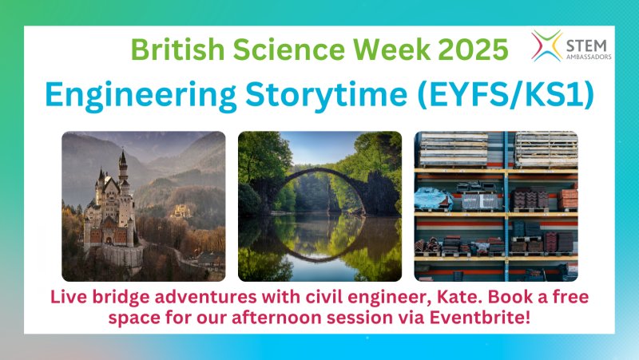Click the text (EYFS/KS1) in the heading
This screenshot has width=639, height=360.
click(x=506, y=95)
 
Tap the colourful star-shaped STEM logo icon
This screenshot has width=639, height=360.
click(x=547, y=45)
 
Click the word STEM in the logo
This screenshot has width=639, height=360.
click(x=587, y=45)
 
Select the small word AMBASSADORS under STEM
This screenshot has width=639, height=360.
click(x=589, y=57)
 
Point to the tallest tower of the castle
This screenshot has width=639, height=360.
click(x=122, y=171)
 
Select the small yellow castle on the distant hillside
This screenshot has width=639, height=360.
click(x=181, y=212)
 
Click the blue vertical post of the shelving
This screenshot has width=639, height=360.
click(x=506, y=206)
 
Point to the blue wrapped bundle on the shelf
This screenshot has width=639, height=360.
click(x=432, y=198)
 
